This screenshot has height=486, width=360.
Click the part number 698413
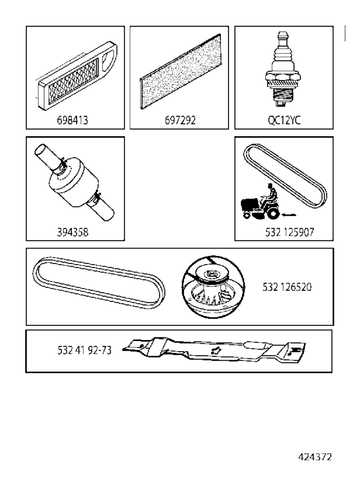[x=72, y=120]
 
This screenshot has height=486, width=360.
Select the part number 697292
[x=180, y=120]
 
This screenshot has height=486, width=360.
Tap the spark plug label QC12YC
[x=284, y=120]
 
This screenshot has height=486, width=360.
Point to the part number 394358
[x=72, y=232]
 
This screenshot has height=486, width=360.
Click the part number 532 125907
[x=290, y=232]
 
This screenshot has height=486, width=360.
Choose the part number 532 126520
[x=287, y=287]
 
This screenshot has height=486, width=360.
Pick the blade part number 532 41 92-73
[x=84, y=350]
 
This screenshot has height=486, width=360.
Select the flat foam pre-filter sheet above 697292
[x=180, y=71]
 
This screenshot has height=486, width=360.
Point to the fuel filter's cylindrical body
[x=74, y=182]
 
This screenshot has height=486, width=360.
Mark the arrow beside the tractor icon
[x=289, y=215]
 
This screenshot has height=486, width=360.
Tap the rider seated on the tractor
[x=271, y=194]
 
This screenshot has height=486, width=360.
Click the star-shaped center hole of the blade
[x=216, y=351]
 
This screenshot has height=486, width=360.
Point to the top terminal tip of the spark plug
[x=283, y=34]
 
